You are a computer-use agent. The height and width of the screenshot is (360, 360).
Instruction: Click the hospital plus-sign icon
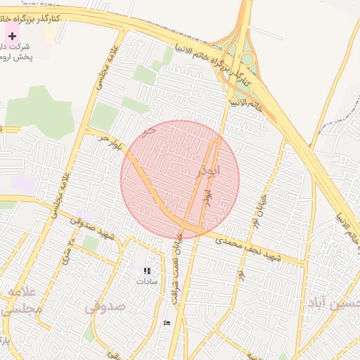12,35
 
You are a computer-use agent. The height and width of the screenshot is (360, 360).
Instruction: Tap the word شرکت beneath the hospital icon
13,46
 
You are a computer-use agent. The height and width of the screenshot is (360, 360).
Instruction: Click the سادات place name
148,281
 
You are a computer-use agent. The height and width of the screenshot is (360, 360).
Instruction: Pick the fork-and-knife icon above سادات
147,270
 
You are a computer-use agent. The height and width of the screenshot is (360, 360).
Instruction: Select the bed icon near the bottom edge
166,323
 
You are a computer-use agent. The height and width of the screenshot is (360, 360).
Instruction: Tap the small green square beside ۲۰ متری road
91,243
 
